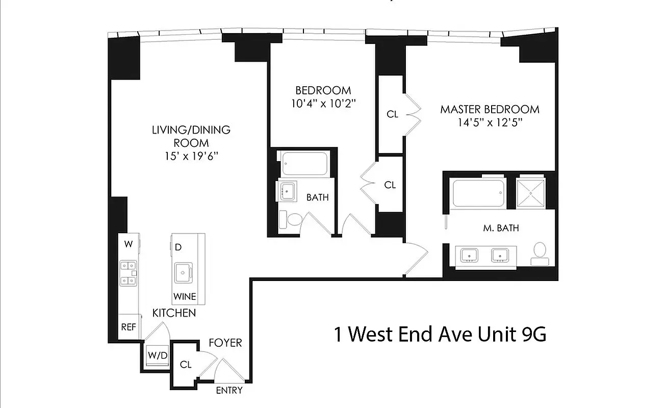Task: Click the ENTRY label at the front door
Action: (229, 391)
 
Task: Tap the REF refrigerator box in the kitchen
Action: (129, 327)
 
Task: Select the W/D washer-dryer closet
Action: (157, 355)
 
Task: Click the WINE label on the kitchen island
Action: (184, 296)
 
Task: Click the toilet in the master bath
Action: (539, 253)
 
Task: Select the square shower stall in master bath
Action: (531, 193)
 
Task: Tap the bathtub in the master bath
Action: (478, 193)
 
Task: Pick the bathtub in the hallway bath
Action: (304, 163)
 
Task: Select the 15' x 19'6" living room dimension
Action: (191, 156)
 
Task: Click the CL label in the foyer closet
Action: (186, 365)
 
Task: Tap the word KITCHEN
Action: (174, 313)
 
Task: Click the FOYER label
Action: (225, 343)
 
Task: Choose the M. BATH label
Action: (501, 228)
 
